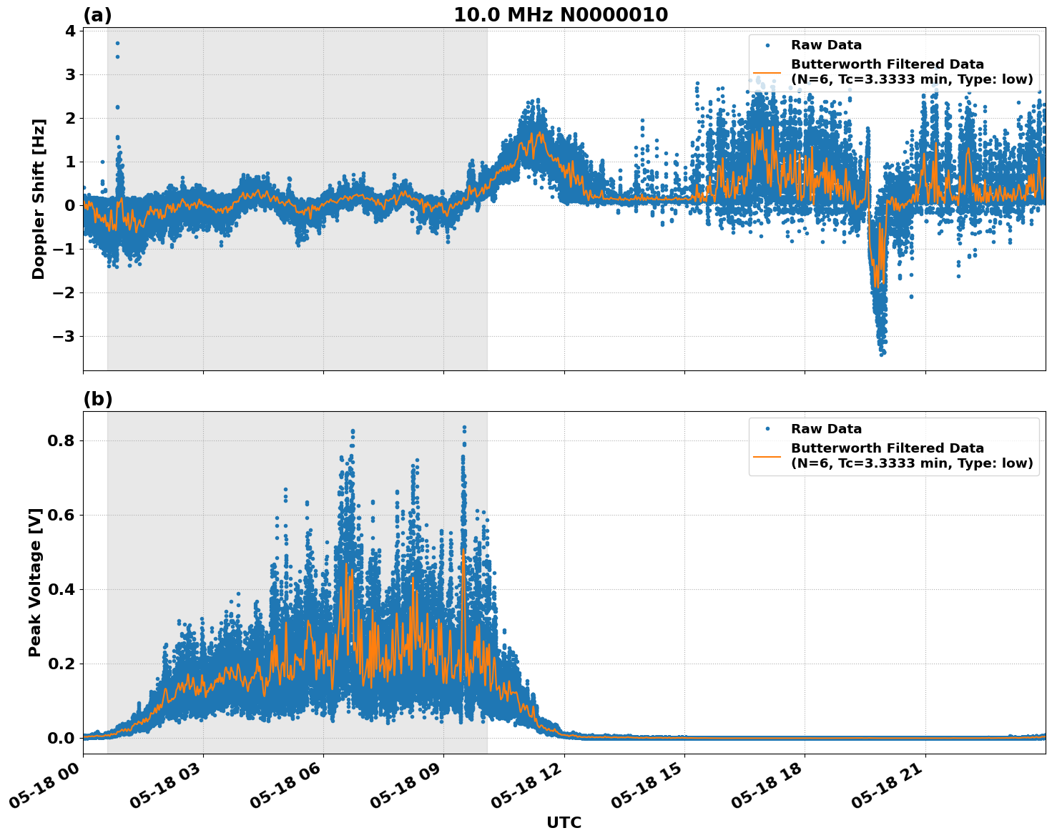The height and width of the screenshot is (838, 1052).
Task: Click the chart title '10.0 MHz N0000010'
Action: pyautogui.click(x=561, y=15)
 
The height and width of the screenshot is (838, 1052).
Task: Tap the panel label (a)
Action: pyautogui.click(x=97, y=15)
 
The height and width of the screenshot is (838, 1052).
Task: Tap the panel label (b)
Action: pyautogui.click(x=97, y=399)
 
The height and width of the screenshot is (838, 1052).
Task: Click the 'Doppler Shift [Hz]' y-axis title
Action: pyautogui.click(x=39, y=199)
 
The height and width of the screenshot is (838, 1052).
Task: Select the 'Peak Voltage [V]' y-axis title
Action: pyautogui.click(x=35, y=582)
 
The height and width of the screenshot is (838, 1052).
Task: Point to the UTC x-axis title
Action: pyautogui.click(x=564, y=822)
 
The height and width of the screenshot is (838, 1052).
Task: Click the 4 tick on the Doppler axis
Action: pyautogui.click(x=70, y=31)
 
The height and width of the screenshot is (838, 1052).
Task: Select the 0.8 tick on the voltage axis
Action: pyautogui.click(x=62, y=441)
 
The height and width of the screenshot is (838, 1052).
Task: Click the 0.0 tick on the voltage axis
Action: pyautogui.click(x=62, y=738)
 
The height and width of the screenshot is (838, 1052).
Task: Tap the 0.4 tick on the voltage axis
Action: pyautogui.click(x=62, y=590)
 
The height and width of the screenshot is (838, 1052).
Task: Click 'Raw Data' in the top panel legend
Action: pyautogui.click(x=826, y=45)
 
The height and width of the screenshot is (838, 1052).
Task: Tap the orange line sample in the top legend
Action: pyautogui.click(x=767, y=72)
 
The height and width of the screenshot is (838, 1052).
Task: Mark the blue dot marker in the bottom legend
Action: pyautogui.click(x=767, y=429)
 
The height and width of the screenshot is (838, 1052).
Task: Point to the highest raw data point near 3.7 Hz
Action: pyautogui.click(x=117, y=43)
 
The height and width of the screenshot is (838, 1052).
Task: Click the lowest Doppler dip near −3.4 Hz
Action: pyautogui.click(x=882, y=354)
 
